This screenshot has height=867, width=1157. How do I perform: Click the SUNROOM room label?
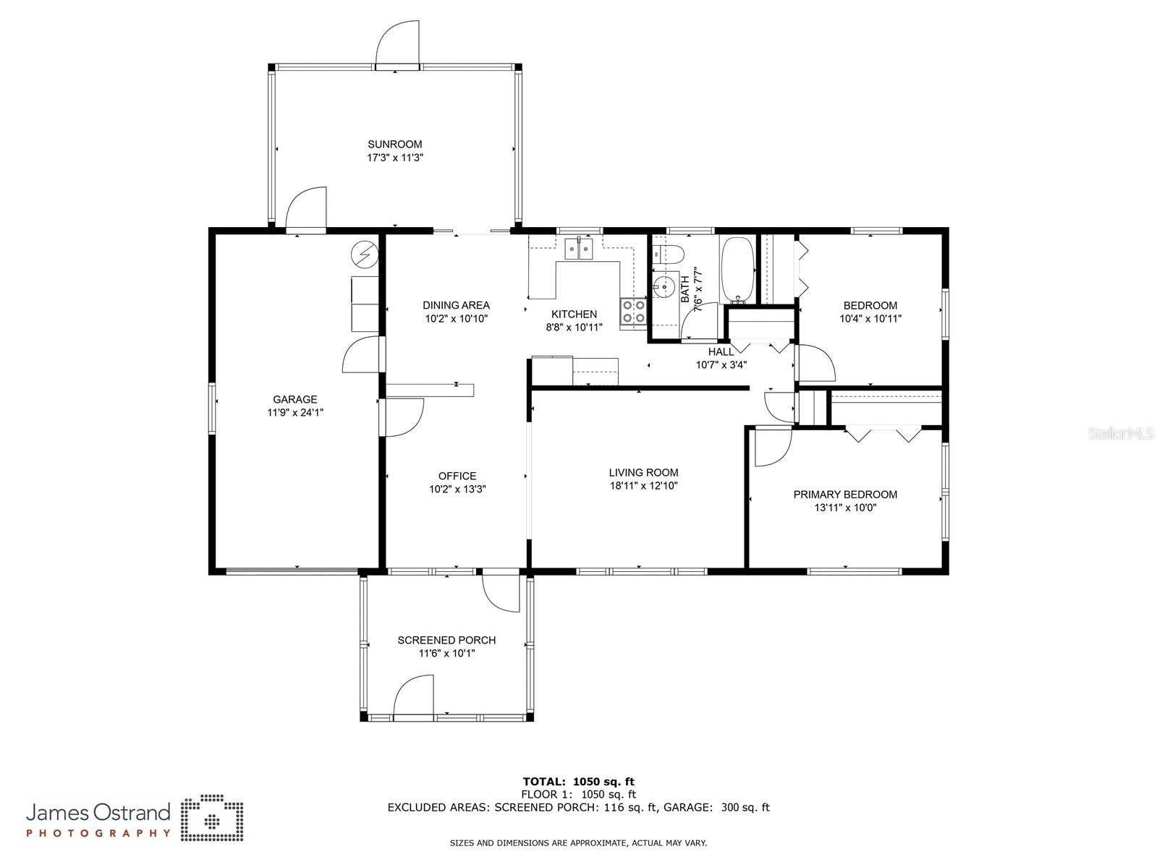pyautogui.click(x=394, y=144)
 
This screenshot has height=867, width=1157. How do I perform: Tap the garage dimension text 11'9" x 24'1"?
pyautogui.click(x=295, y=413)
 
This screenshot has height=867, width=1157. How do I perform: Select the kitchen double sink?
pyautogui.click(x=579, y=249)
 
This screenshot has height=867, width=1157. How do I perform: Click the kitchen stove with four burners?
pyautogui.click(x=633, y=311)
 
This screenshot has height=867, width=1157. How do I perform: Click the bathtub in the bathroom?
pyautogui.click(x=738, y=269)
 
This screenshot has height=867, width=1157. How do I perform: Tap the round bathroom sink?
pyautogui.click(x=663, y=286)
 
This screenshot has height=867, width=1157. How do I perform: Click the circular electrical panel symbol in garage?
pyautogui.click(x=364, y=255)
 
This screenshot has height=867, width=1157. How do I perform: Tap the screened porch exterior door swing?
pyautogui.click(x=414, y=696)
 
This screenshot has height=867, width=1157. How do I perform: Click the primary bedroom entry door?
pyautogui.click(x=771, y=448)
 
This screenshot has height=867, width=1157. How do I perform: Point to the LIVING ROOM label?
pyautogui.click(x=643, y=473)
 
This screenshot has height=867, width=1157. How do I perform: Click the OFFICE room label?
pyautogui.click(x=457, y=476)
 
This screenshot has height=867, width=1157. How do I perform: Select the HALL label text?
pyautogui.click(x=721, y=352)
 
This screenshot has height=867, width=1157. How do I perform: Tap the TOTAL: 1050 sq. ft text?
pyautogui.click(x=578, y=781)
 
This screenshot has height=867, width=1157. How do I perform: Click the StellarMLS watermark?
pyautogui.click(x=1121, y=434)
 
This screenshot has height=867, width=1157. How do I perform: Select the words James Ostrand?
pyautogui.click(x=98, y=812)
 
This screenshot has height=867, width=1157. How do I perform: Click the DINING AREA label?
pyautogui.click(x=456, y=305)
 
